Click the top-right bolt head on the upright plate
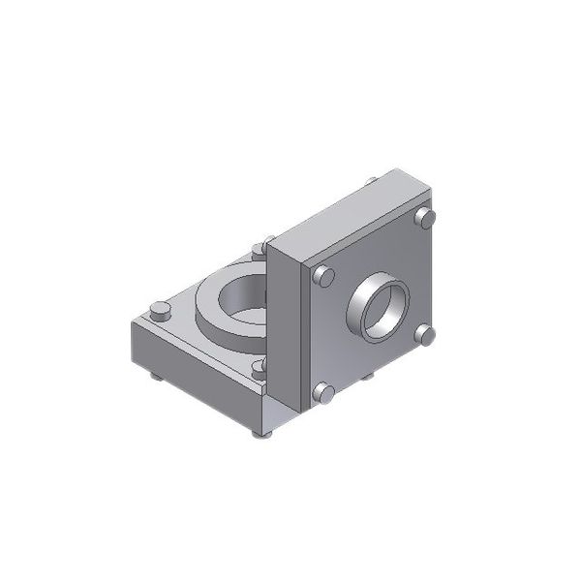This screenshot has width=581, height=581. (425, 219)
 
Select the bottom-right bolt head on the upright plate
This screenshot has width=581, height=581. (426, 334)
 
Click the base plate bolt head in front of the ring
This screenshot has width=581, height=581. (259, 366)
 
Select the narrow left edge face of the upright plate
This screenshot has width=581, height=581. (287, 320)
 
